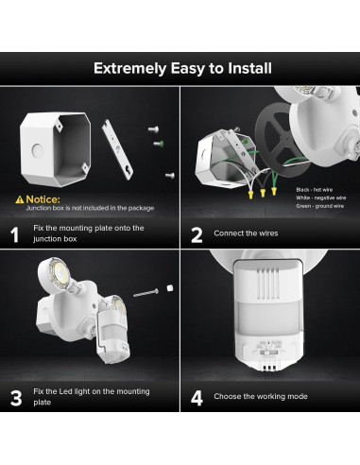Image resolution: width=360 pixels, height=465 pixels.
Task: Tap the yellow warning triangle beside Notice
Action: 19,199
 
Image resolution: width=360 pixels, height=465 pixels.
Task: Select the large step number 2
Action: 197,234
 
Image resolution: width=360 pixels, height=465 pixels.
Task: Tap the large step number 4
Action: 197,397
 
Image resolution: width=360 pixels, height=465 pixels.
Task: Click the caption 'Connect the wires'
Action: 248,233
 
